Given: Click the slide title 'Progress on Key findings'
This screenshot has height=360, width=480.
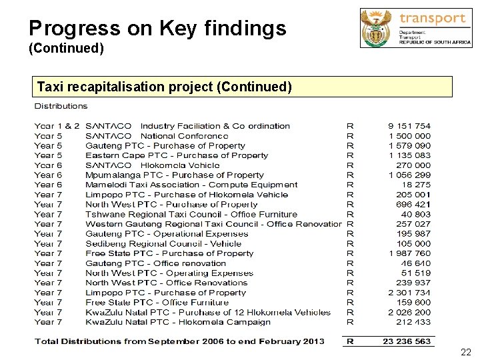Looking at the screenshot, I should (x=157, y=28).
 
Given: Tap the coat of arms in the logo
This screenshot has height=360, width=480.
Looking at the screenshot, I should (x=378, y=27).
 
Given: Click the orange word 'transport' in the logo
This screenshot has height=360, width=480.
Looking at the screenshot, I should (x=432, y=18).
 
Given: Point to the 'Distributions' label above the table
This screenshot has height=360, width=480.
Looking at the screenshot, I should (x=61, y=106).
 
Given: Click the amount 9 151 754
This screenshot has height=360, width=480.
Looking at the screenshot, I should (x=409, y=126).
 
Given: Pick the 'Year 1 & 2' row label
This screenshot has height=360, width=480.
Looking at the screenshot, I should (x=57, y=126).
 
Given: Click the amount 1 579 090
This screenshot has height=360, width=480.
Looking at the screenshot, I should (x=409, y=145).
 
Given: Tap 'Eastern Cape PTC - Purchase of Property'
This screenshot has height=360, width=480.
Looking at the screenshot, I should (x=177, y=155).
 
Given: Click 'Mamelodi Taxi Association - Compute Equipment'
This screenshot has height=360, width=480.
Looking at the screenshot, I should (x=191, y=185).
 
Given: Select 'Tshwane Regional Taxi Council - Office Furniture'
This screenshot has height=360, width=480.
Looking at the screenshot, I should (x=191, y=214).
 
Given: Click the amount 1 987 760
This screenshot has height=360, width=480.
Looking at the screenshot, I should (x=409, y=253).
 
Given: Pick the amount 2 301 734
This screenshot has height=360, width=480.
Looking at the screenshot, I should (x=409, y=293).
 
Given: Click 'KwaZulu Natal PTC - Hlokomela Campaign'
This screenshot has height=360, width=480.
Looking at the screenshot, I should (x=178, y=322).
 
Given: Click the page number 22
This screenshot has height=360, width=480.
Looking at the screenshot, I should (x=465, y=351).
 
